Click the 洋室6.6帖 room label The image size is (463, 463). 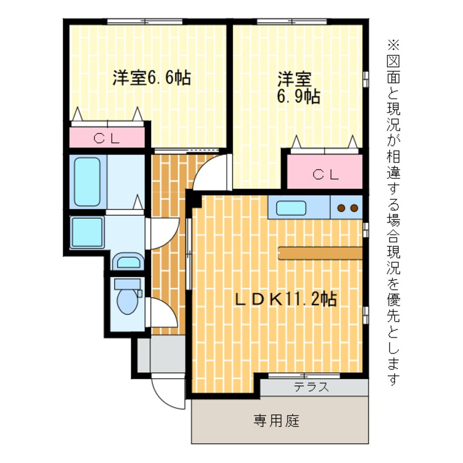click(x=151, y=78)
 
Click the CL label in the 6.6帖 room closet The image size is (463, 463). click(x=107, y=138)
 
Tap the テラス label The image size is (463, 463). click(x=311, y=387)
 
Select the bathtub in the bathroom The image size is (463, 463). click(x=88, y=182)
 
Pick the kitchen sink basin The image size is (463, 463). click(x=291, y=208)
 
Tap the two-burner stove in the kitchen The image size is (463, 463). click(x=347, y=208)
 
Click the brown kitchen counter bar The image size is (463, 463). click(x=320, y=252)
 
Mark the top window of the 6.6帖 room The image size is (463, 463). click(x=144, y=22)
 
